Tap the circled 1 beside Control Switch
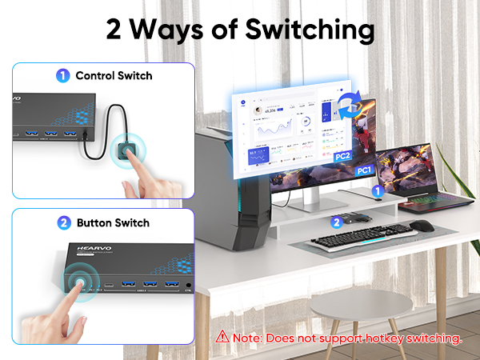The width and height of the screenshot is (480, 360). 62,76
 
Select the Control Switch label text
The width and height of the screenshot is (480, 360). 114,76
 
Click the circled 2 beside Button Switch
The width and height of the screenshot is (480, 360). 62,222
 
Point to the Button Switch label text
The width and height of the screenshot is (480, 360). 113,222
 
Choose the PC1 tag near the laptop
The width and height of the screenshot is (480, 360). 364,170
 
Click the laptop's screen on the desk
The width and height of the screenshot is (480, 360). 404,170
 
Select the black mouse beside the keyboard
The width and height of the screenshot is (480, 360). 423,226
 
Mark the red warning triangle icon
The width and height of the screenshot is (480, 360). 222,338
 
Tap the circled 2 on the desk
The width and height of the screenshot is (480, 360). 338,222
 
